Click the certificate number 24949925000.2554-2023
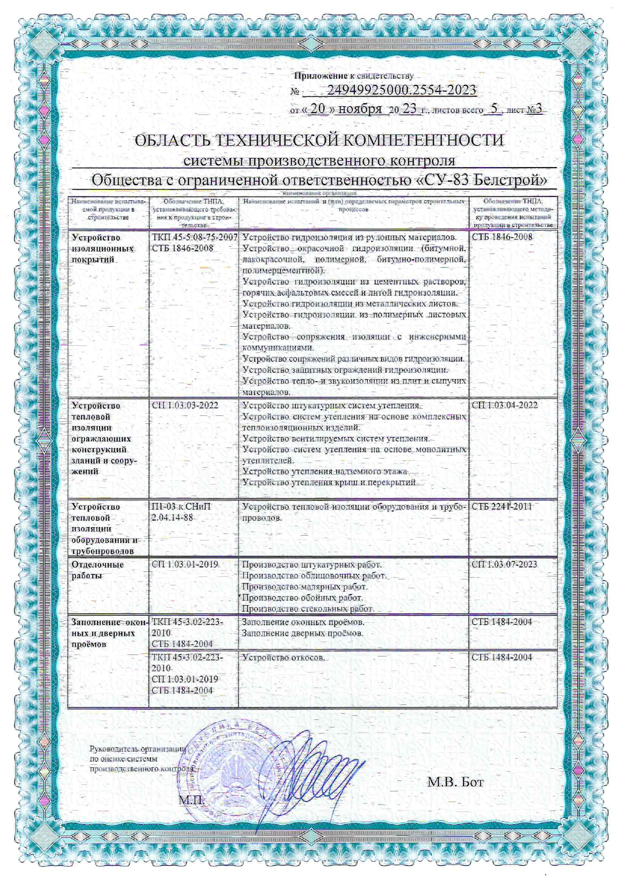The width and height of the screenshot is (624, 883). (402, 90)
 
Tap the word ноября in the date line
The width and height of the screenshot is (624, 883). (360, 109)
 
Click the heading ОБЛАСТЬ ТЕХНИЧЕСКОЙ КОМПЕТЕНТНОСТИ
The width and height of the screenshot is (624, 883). (319, 140)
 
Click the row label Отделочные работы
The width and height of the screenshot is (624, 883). (97, 570)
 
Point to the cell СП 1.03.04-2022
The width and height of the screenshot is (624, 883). (504, 405)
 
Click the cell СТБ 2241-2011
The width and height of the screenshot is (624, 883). (502, 506)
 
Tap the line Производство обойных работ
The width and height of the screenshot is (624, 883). (302, 598)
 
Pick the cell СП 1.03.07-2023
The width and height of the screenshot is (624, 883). (504, 564)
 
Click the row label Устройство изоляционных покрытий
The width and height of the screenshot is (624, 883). (103, 249)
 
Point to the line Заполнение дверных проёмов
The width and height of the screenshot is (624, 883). (302, 633)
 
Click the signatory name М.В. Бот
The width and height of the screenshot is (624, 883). (455, 782)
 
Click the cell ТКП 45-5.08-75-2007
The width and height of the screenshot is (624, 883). (194, 237)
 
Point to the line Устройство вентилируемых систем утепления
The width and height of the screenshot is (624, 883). (336, 438)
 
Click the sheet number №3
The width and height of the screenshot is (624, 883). (534, 109)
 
